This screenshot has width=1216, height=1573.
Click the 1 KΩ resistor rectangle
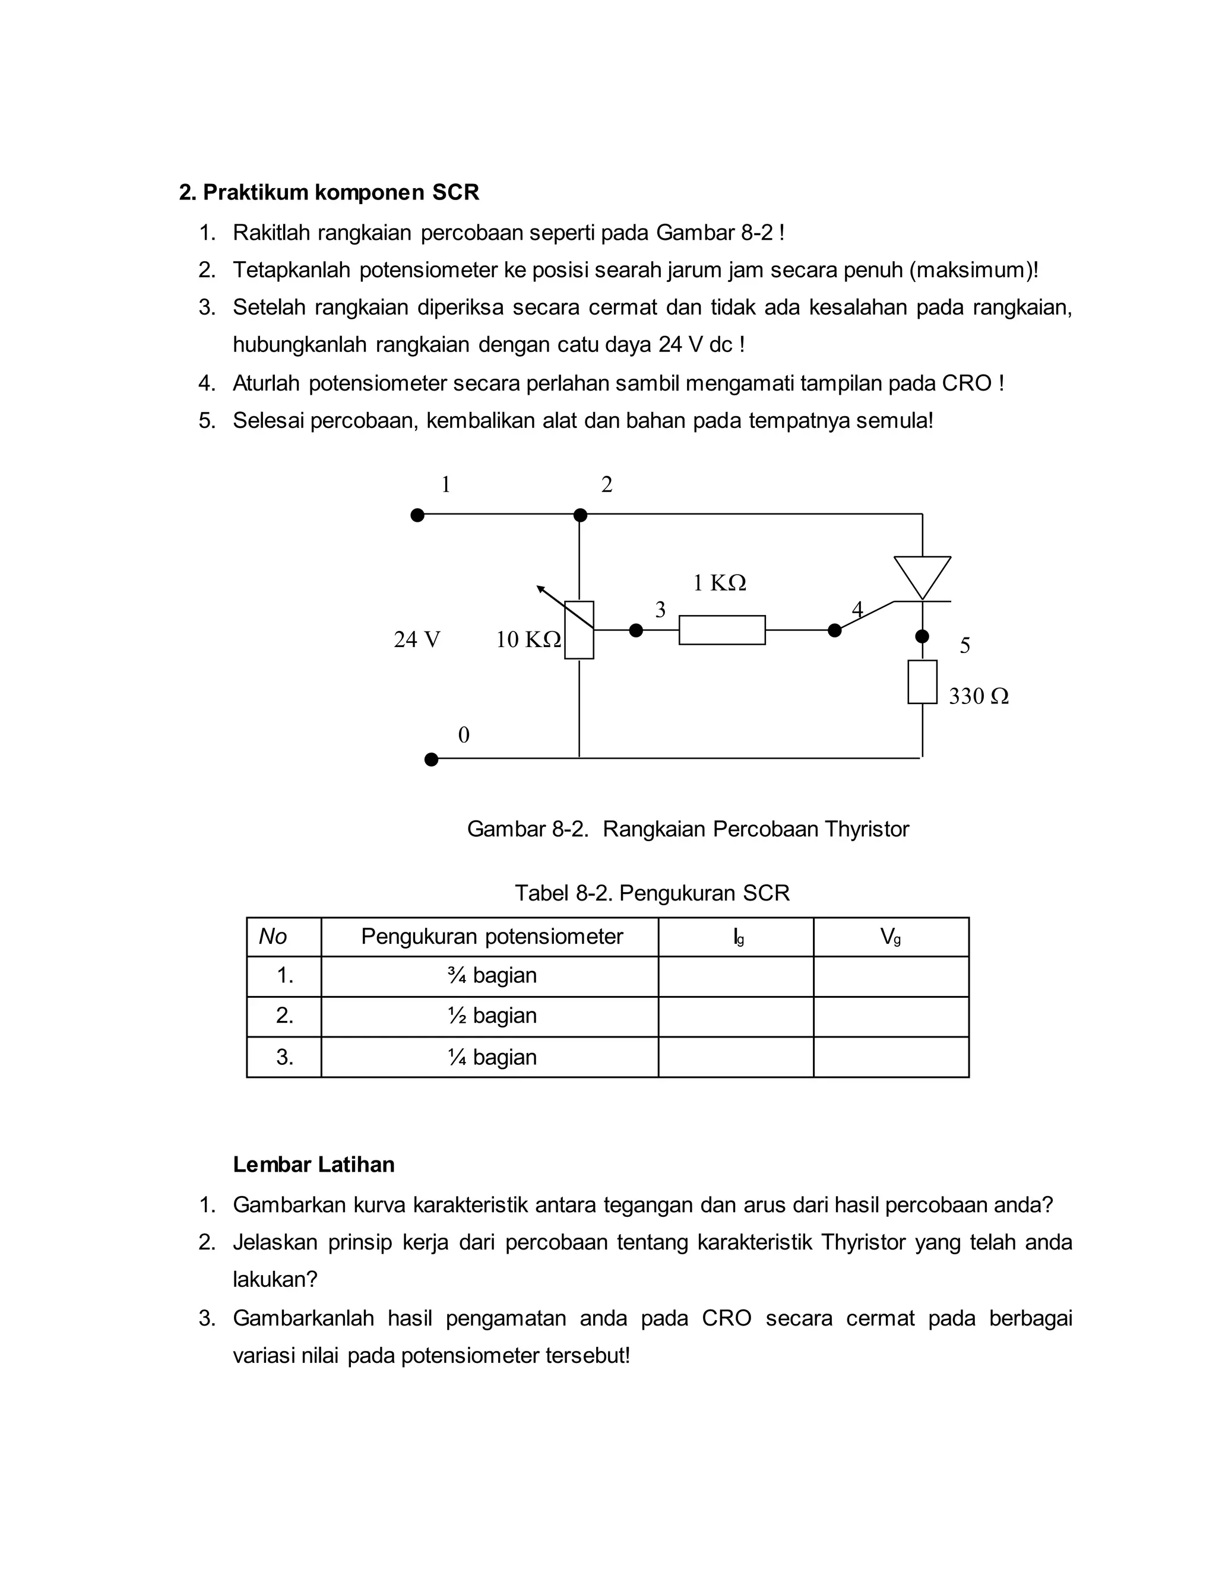[x=722, y=630]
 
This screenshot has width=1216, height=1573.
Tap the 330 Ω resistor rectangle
[x=922, y=681]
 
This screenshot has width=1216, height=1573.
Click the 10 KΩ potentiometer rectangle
[x=579, y=630]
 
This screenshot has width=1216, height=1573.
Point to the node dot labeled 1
[x=417, y=515]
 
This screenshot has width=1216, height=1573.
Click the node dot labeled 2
[x=580, y=515]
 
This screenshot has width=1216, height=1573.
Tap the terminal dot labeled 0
[x=431, y=759]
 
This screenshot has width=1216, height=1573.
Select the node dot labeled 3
[x=635, y=630]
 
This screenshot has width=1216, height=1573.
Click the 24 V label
[x=416, y=639]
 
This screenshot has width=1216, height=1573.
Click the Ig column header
[x=737, y=936]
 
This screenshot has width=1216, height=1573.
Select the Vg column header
[x=891, y=936]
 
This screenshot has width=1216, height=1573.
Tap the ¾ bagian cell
[x=491, y=976]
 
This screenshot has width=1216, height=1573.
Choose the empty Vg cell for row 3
[x=891, y=1057]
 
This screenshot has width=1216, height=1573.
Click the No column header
[x=273, y=936]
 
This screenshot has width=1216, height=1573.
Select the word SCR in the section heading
[x=455, y=192]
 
